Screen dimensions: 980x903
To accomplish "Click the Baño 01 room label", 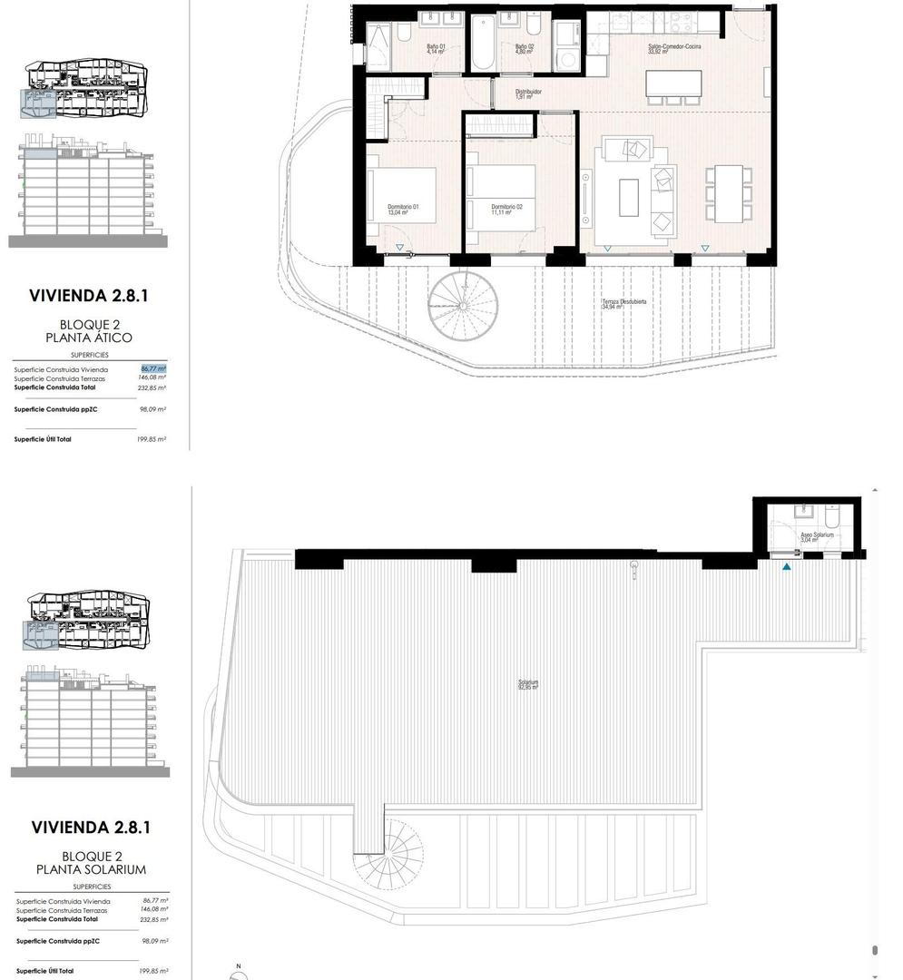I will tap(437, 49).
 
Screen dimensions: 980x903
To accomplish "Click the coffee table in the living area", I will tap(629, 197).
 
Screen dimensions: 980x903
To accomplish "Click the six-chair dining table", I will tap(729, 193).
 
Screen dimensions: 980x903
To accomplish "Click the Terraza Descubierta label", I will tap(623, 304).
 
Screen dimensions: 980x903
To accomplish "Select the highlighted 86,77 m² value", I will tap(153, 368).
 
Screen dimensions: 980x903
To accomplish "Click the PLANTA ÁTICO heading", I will tap(89, 338).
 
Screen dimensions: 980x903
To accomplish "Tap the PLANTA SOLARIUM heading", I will tap(90, 868).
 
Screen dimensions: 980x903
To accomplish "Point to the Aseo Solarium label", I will tap(817, 537).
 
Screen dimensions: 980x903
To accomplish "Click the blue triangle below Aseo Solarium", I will tap(787, 567).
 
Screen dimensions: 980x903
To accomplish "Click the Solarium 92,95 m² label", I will tap(528, 684).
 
